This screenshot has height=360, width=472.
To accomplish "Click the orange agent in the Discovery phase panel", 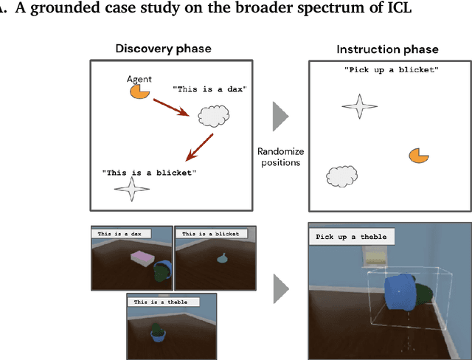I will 138,90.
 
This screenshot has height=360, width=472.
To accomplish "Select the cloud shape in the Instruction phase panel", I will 341,176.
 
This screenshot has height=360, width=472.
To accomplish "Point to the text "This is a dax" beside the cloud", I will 209,89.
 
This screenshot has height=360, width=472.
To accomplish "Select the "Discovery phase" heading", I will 163,49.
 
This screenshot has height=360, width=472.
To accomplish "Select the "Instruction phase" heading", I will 387,49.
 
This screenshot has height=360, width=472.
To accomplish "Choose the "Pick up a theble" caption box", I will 351,237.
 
